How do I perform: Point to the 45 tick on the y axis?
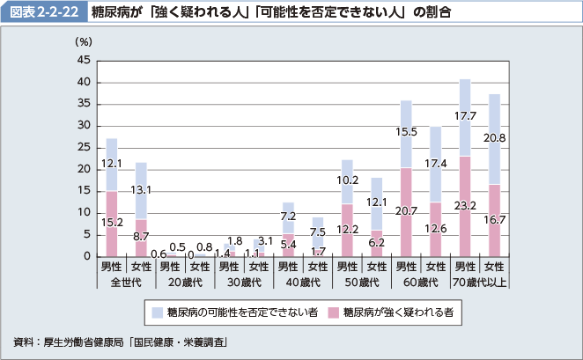click(84, 61)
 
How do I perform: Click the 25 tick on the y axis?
click(84, 148)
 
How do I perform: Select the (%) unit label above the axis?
click(84, 40)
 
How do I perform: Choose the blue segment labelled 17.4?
click(435, 164)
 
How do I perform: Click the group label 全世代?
click(126, 282)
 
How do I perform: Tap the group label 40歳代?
click(302, 282)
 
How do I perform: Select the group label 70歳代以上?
click(479, 282)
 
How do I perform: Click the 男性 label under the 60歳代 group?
click(406, 266)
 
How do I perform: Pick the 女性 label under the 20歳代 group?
click(200, 266)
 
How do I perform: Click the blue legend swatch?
click(157, 312)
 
